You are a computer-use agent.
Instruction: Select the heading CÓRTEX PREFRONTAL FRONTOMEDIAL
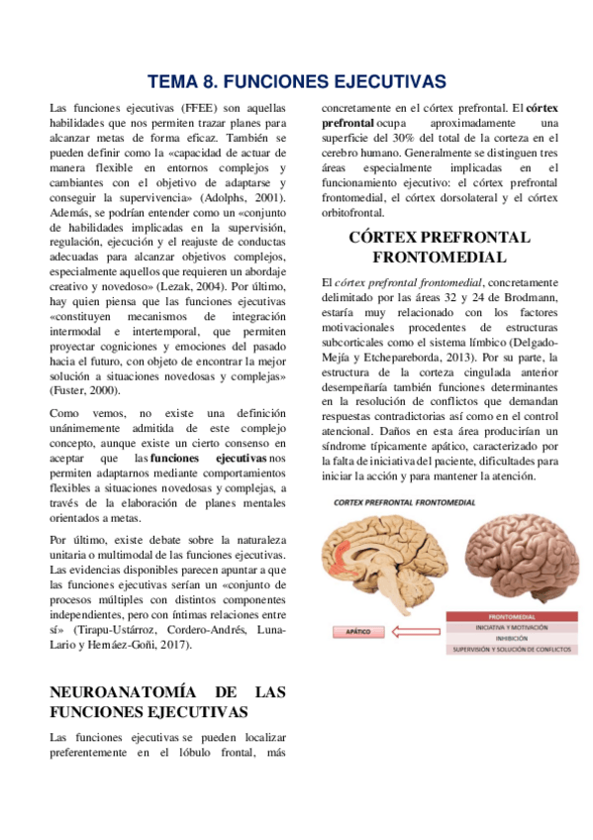pyautogui.click(x=439, y=247)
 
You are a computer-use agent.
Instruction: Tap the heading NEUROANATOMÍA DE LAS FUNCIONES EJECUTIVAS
pyautogui.click(x=167, y=701)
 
